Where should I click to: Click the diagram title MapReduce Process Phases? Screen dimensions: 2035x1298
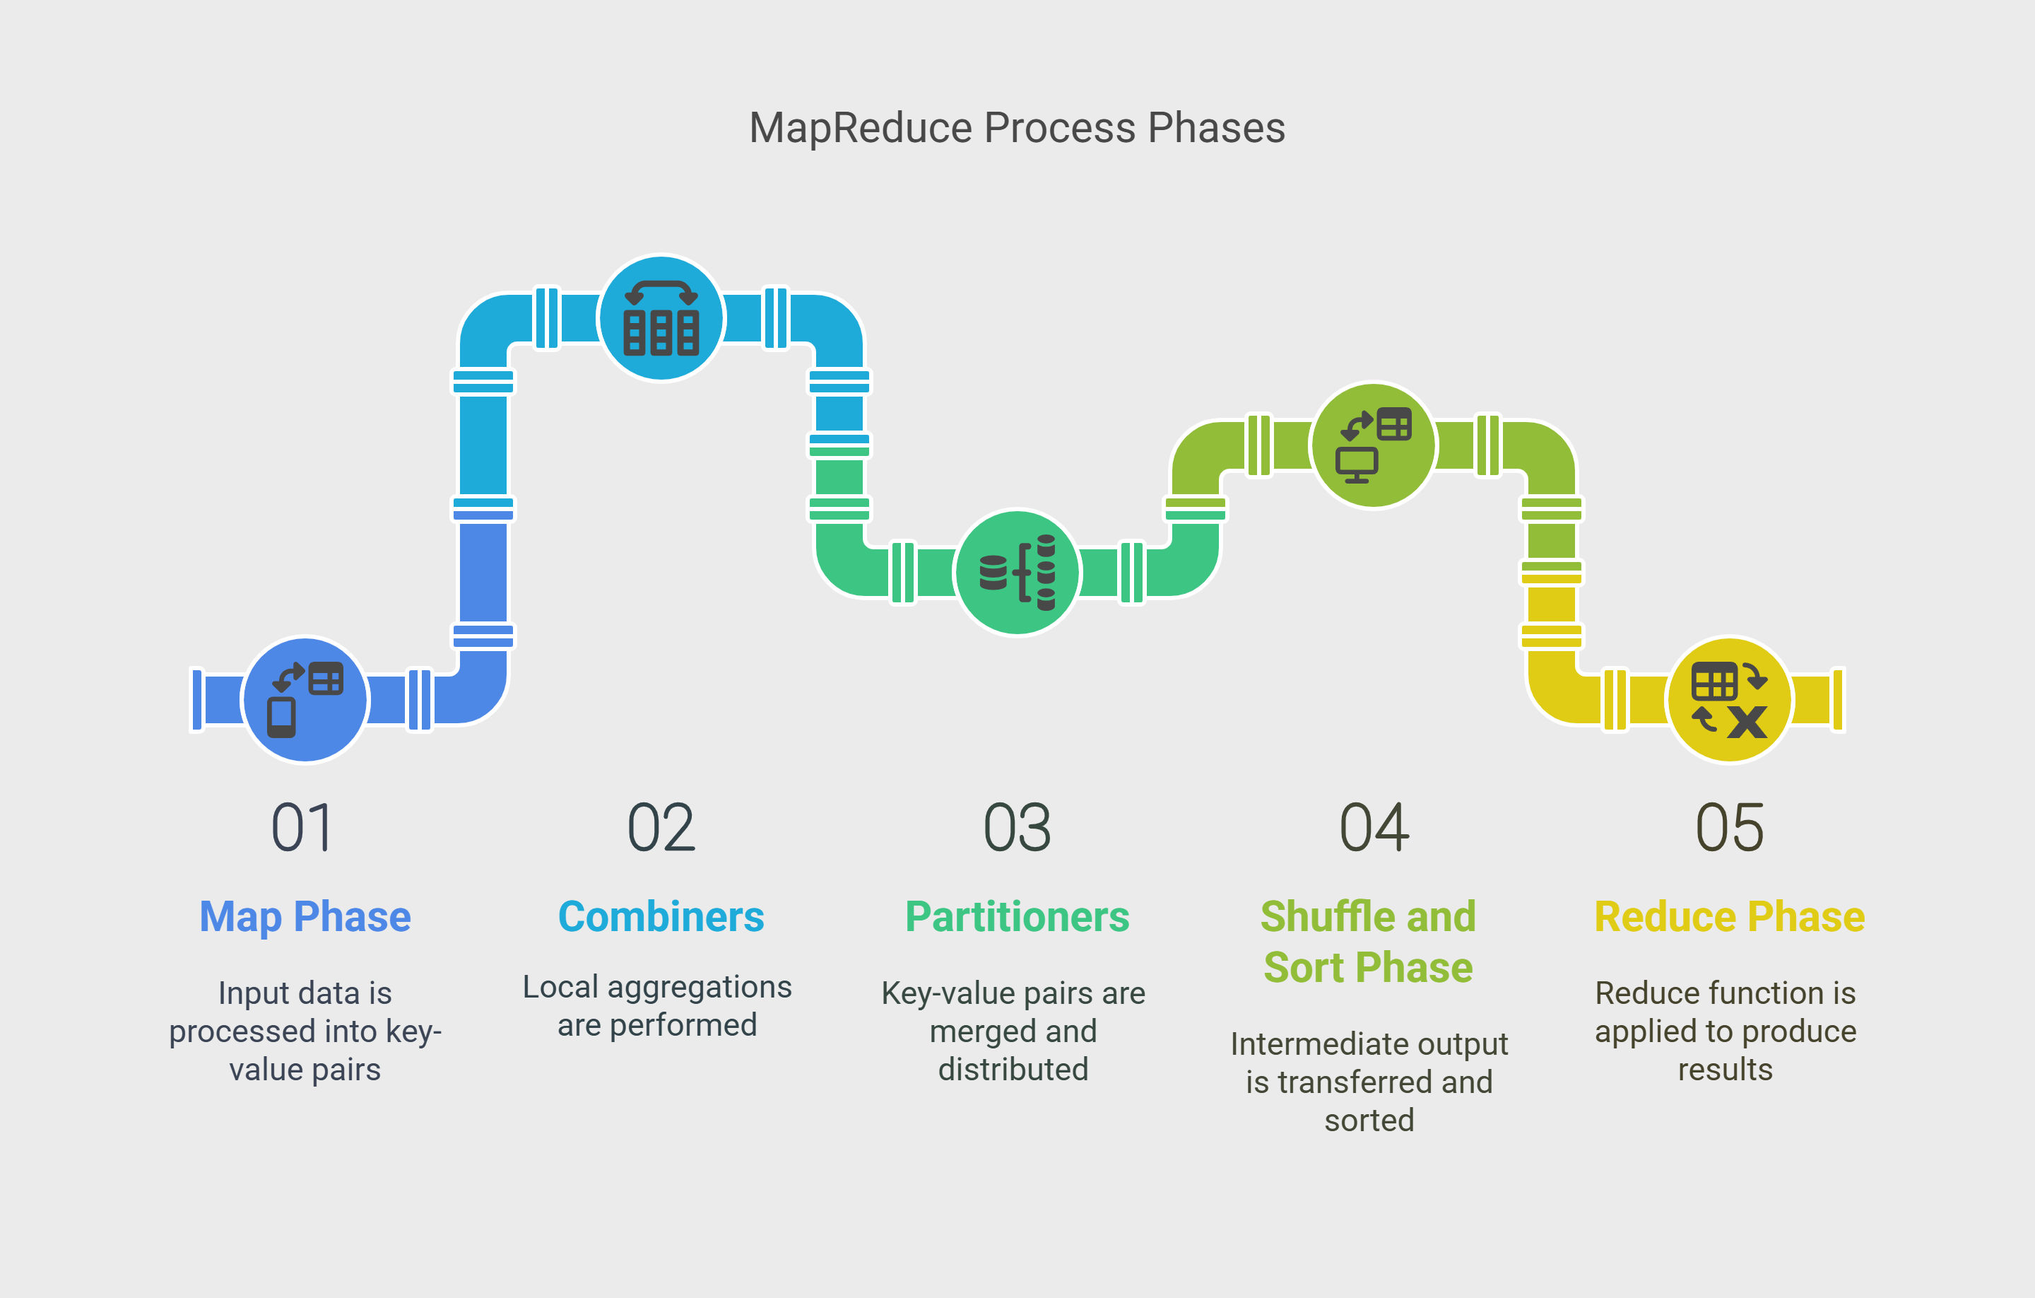[x=1017, y=129]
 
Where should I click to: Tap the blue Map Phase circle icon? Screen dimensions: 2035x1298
[x=305, y=699]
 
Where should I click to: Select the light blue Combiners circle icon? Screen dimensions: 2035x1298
[x=661, y=318]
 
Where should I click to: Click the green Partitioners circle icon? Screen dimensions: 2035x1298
[x=1017, y=573]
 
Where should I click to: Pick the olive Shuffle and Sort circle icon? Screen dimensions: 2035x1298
[x=1374, y=445]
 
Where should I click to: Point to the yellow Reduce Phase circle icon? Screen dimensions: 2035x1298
[x=1729, y=699]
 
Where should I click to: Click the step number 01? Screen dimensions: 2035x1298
[x=302, y=827]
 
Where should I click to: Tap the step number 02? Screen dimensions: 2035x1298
[x=661, y=827]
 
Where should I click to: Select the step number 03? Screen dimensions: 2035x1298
[x=1017, y=827]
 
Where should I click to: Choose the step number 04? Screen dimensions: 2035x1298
[x=1374, y=827]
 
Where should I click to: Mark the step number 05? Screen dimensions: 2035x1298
[x=1730, y=827]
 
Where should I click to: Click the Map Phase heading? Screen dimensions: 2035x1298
[x=305, y=918]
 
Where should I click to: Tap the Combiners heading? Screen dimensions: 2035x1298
[x=661, y=917]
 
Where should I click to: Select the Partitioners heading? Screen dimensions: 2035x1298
[x=1017, y=917]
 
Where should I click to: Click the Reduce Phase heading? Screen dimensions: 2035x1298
[x=1730, y=917]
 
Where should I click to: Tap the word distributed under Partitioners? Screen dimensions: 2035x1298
[x=1013, y=1069]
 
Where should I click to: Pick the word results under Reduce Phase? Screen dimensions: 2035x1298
[x=1725, y=1070]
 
